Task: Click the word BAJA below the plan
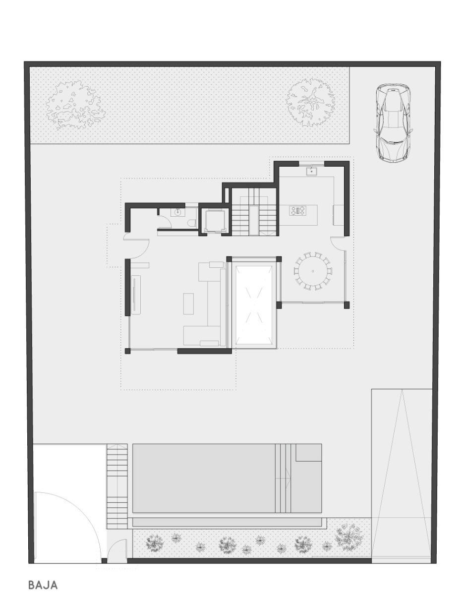pos(43,585)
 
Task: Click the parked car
pos(393,123)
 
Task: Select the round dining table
pos(313,271)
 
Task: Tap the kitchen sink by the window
pos(312,172)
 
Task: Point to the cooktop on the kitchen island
pos(297,211)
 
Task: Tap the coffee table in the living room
pos(188,304)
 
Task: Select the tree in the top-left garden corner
pos(75,106)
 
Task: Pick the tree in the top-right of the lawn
pos(310,102)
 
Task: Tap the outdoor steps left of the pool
pos(117,486)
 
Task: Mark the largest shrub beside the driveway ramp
pos(350,535)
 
